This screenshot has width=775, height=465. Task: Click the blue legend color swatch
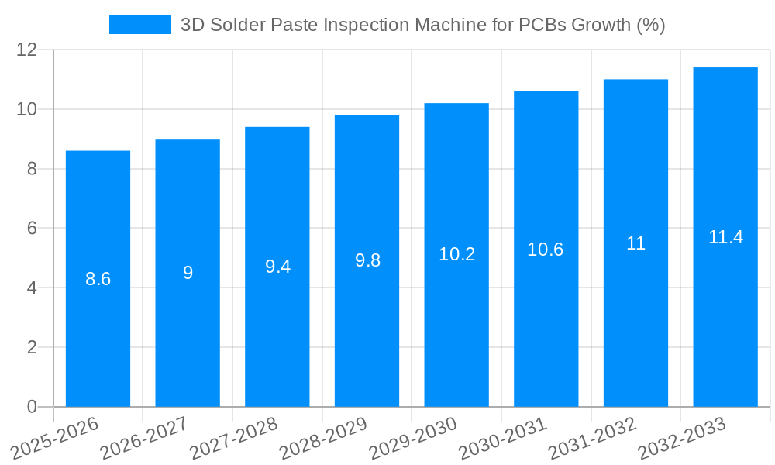pyautogui.click(x=140, y=25)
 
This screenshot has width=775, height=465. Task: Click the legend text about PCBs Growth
pyautogui.click(x=422, y=25)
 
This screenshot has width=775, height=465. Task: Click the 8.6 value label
pyautogui.click(x=98, y=279)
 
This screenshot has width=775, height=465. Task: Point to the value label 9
pyautogui.click(x=188, y=273)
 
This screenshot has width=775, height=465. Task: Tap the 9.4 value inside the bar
pyautogui.click(x=277, y=267)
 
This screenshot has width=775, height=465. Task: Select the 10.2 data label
pyautogui.click(x=456, y=254)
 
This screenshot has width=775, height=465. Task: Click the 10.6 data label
pyautogui.click(x=546, y=250)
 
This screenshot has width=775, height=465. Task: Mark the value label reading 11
pyautogui.click(x=635, y=243)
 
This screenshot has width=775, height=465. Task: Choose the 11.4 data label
pyautogui.click(x=725, y=237)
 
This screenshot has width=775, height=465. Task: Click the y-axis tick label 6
pyautogui.click(x=32, y=229)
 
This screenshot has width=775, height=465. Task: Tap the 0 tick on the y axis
pyautogui.click(x=32, y=407)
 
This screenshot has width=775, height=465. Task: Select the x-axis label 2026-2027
pyautogui.click(x=144, y=438)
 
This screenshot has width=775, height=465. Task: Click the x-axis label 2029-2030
pyautogui.click(x=413, y=438)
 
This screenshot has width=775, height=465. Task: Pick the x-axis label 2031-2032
pyautogui.click(x=592, y=438)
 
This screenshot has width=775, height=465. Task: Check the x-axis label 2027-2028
pyautogui.click(x=233, y=438)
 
